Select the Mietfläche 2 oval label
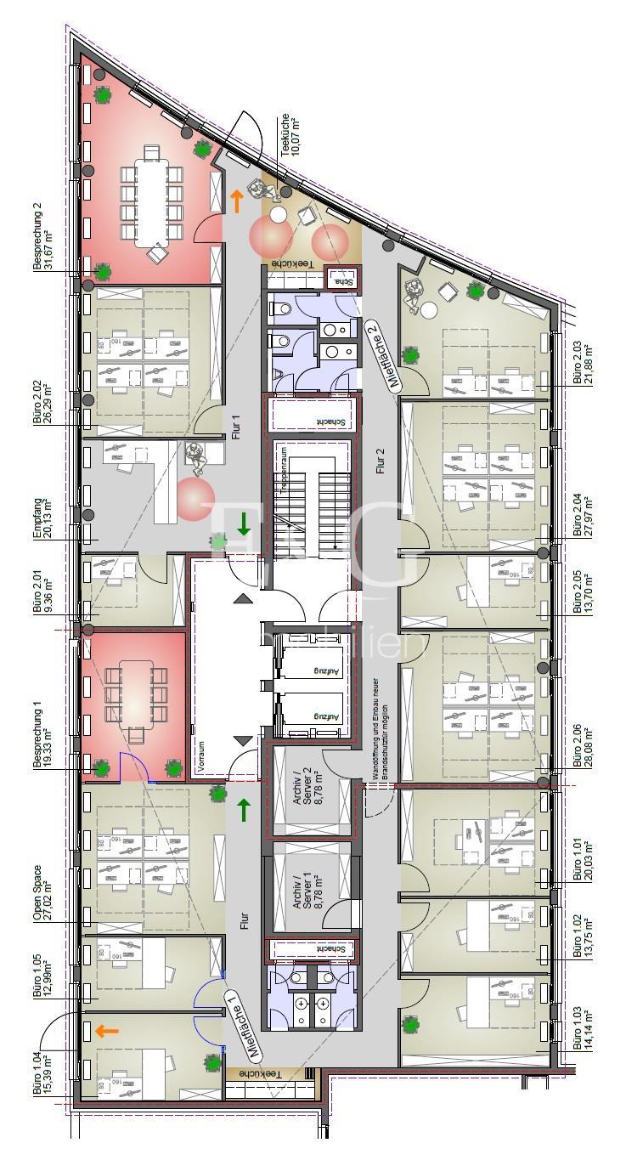[x=382, y=354]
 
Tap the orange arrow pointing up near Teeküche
[x=236, y=201]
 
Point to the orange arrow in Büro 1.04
[x=106, y=1031]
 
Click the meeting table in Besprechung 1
[x=136, y=693]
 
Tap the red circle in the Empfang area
[x=196, y=499]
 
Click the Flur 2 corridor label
[x=380, y=465]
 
